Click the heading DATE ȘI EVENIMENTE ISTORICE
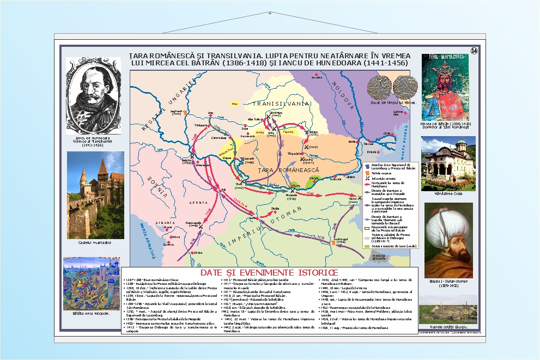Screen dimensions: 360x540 (x=270, y=272)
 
